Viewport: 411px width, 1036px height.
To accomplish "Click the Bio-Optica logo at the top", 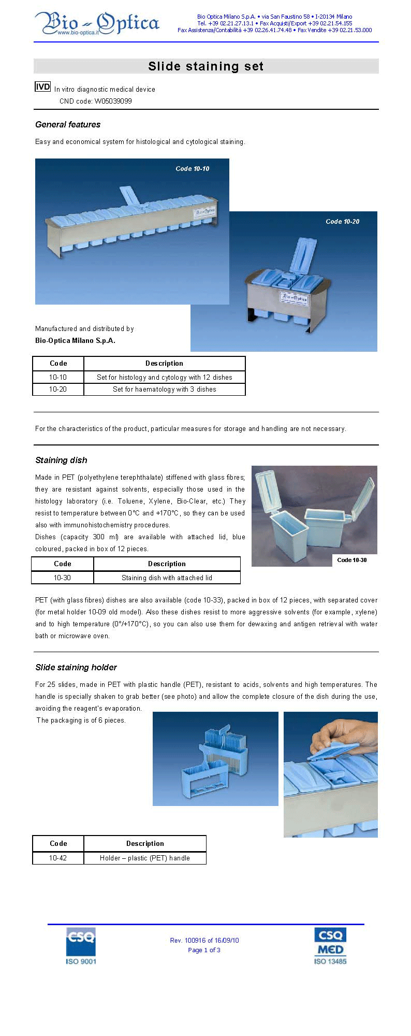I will (x=97, y=24).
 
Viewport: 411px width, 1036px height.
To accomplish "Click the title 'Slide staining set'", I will (x=205, y=66).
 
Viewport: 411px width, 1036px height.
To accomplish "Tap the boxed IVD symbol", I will (x=42, y=87).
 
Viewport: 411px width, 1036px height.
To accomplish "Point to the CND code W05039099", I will (x=96, y=101).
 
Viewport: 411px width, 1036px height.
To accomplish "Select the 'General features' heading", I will (x=68, y=124).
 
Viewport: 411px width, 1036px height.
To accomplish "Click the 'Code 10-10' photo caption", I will (x=192, y=169).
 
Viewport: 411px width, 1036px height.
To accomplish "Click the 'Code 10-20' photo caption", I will (x=342, y=222).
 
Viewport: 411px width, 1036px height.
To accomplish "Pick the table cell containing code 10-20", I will (x=58, y=390).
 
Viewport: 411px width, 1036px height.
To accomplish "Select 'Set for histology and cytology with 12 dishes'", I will (x=164, y=378).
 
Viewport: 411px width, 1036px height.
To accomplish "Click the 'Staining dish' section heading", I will (x=61, y=460).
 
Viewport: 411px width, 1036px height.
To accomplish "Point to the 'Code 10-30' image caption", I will (x=351, y=560).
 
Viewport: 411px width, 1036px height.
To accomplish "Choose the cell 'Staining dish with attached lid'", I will (x=167, y=578).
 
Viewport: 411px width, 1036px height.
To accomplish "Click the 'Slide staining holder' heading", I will (x=76, y=667).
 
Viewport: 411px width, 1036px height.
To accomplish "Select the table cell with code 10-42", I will (x=58, y=858).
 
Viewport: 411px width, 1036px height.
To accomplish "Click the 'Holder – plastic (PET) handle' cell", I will (x=145, y=858).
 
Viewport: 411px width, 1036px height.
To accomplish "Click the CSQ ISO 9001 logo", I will (x=81, y=946).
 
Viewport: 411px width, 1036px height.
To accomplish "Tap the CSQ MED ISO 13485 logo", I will (x=330, y=946).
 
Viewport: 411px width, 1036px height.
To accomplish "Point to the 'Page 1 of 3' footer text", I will (x=204, y=950).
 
